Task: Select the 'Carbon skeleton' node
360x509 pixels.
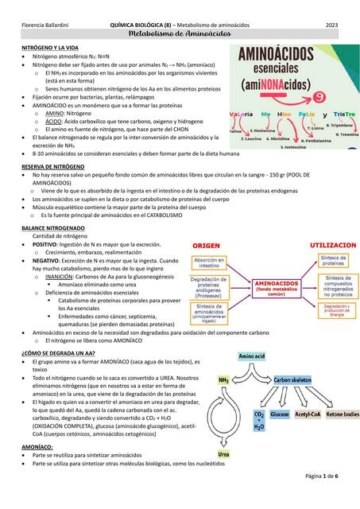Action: [x=293, y=381]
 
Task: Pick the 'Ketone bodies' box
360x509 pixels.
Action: [x=342, y=414]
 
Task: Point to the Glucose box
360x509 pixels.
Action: [x=280, y=414]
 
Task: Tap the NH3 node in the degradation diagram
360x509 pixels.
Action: [x=224, y=381]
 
